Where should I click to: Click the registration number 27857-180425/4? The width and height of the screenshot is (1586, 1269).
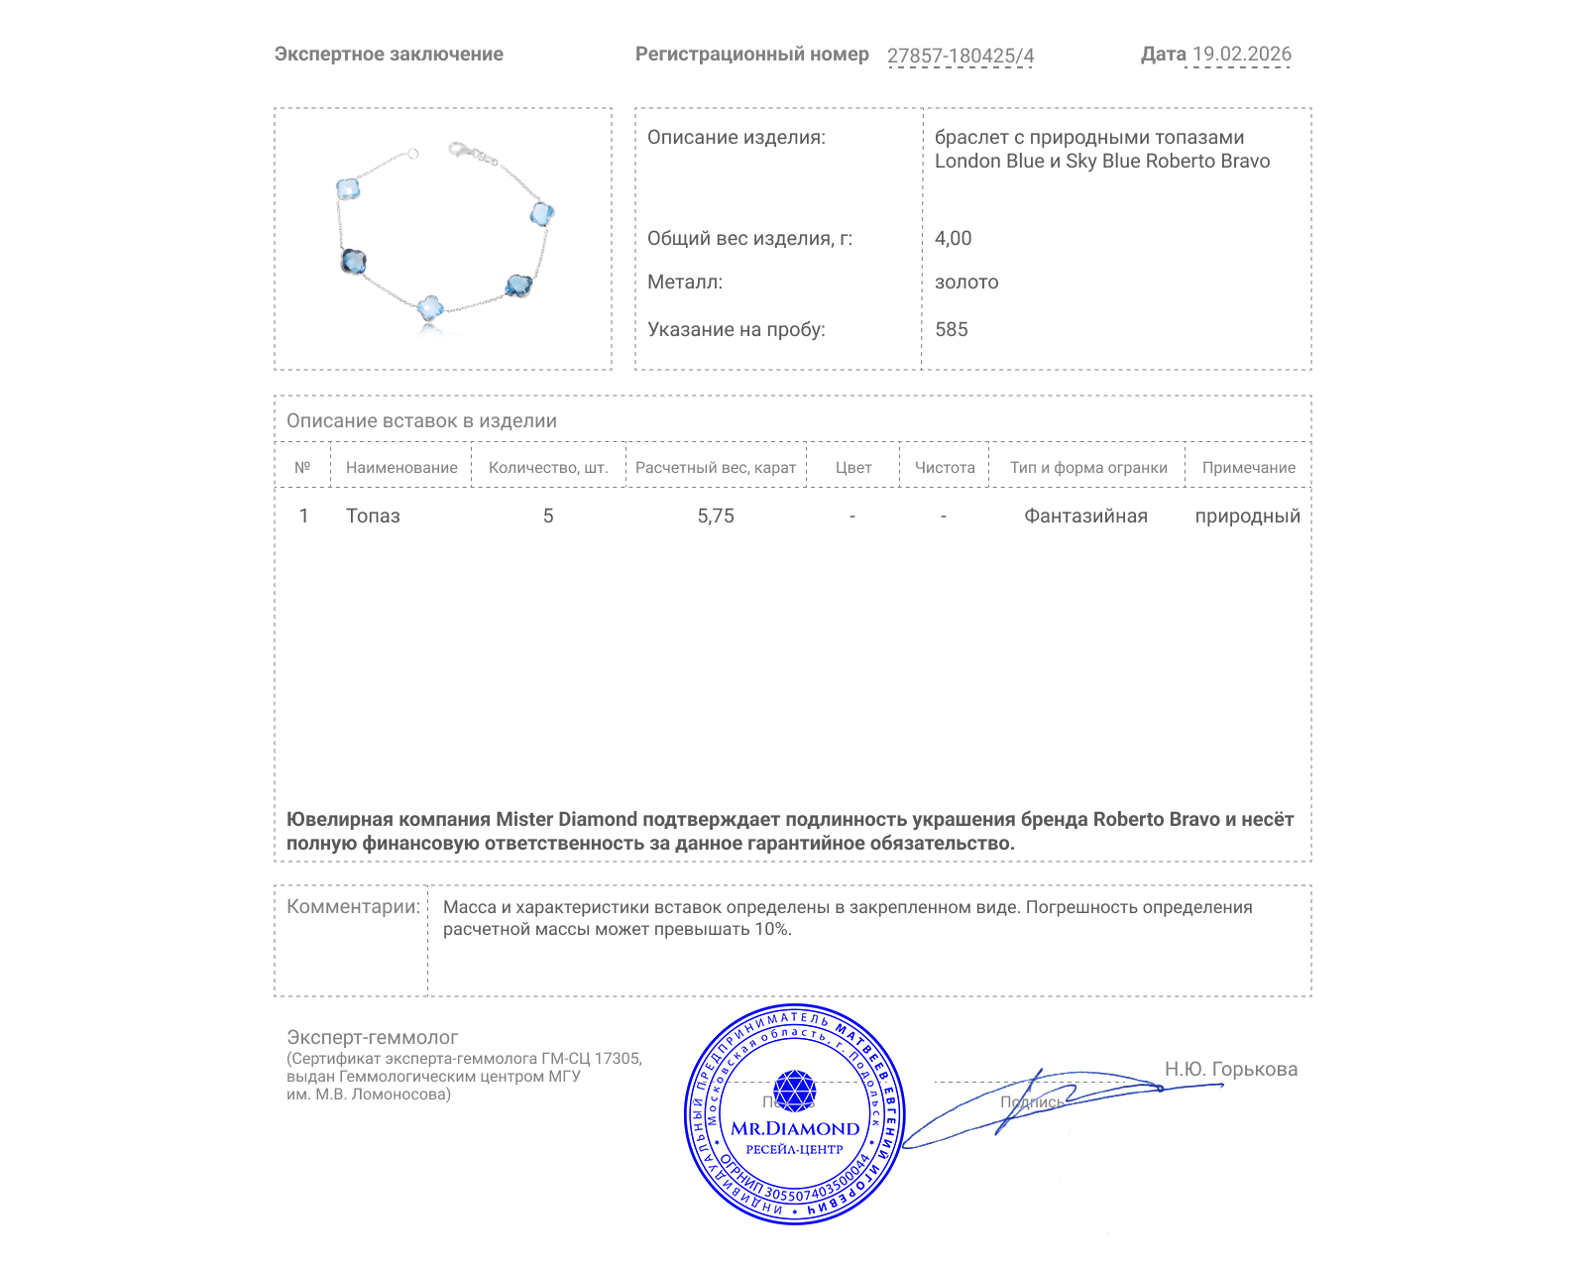point(960,56)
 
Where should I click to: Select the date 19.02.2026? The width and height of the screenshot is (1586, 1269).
point(1241,55)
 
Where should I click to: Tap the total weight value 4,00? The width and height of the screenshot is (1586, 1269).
point(953,238)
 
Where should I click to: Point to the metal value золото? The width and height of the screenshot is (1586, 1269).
point(966,282)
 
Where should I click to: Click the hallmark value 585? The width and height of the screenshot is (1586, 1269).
point(951,329)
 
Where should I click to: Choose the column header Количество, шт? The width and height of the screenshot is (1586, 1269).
point(548,467)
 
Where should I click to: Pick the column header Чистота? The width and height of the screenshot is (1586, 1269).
point(945,467)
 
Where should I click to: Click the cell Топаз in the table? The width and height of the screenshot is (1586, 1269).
point(373,516)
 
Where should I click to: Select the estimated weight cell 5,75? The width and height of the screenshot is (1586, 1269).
point(716,516)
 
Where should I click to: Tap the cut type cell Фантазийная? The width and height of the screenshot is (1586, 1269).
point(1085,516)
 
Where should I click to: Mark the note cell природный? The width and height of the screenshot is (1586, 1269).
point(1247,516)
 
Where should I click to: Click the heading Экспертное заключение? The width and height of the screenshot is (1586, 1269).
point(389,55)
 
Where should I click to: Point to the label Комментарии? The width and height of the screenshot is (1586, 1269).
point(353,906)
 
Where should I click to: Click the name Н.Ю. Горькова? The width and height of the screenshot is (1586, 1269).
point(1230,1069)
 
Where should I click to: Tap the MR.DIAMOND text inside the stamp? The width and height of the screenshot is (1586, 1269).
point(795,1128)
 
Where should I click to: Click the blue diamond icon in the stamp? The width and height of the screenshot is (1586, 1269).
point(794,1091)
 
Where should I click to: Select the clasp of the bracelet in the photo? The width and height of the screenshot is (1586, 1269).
point(458,151)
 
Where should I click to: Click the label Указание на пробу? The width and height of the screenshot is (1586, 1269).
point(736,329)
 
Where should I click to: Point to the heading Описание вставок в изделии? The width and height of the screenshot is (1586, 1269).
point(421,420)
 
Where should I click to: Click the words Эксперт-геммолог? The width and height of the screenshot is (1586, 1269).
point(372,1037)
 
